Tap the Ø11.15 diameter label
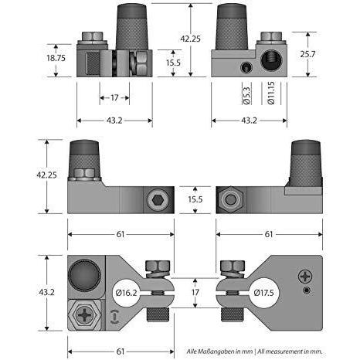(270, 93)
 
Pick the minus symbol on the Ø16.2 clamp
(114, 315)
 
